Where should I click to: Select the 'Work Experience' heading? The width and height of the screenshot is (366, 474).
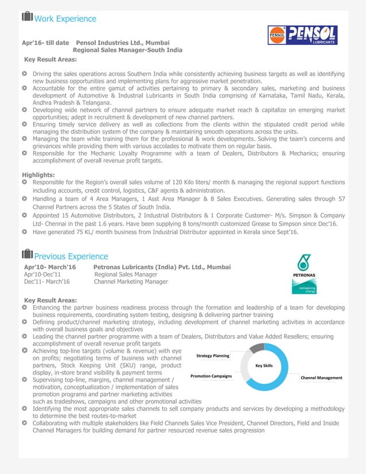click(65, 19)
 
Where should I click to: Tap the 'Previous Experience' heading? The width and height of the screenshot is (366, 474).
click(71, 256)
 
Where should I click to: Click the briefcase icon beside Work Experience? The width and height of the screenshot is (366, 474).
click(27, 18)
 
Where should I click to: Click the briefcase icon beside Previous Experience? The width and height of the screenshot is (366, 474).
click(27, 255)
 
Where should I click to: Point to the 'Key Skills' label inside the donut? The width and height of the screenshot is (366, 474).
click(264, 365)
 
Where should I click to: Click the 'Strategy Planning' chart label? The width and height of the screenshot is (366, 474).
click(213, 356)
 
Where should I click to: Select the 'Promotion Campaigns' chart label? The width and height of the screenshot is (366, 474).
click(211, 376)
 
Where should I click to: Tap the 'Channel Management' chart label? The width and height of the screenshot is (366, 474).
click(321, 378)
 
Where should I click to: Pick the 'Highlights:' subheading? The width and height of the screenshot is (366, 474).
click(38, 174)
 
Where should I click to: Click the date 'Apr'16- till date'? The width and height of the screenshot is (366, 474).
click(45, 42)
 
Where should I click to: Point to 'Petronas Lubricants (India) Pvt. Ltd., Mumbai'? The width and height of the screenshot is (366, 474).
click(162, 267)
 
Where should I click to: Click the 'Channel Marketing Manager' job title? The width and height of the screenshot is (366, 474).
click(131, 282)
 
